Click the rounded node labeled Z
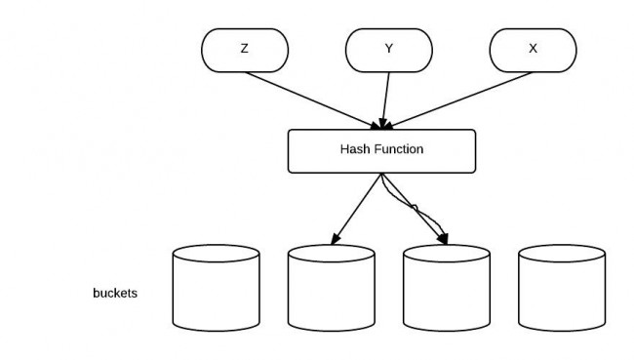click(x=244, y=49)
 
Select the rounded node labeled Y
click(x=388, y=49)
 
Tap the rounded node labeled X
click(x=532, y=49)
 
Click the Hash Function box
click(x=381, y=150)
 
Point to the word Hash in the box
click(x=354, y=150)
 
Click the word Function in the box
click(x=398, y=150)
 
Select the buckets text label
click(x=114, y=292)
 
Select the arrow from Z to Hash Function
click(x=312, y=99)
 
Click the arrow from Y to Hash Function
click(x=386, y=98)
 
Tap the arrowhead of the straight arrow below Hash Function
click(x=335, y=240)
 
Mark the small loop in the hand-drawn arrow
click(x=414, y=207)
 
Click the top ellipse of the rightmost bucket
click(x=562, y=255)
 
